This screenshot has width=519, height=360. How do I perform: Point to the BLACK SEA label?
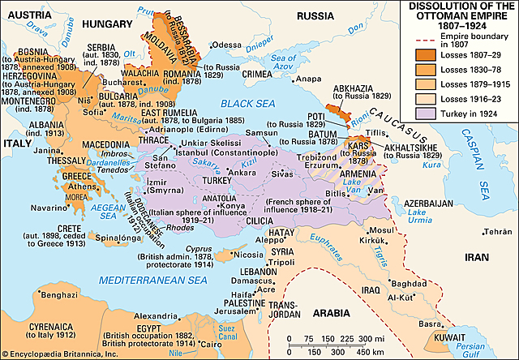tap(248, 104)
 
